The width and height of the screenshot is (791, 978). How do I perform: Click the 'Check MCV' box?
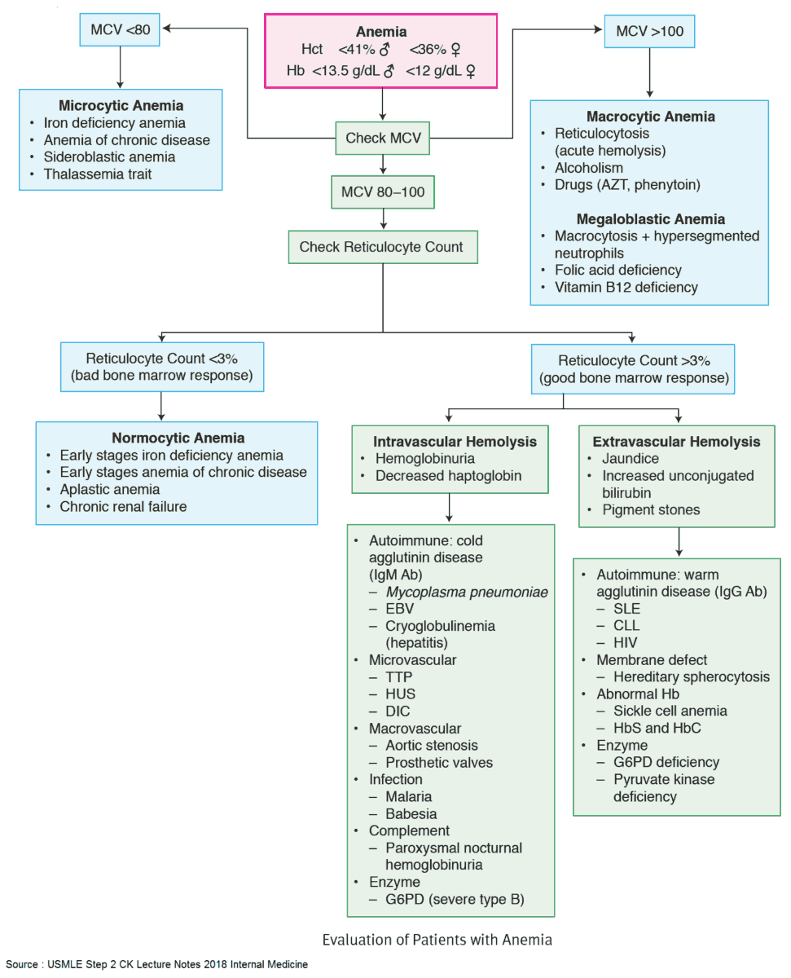click(x=383, y=138)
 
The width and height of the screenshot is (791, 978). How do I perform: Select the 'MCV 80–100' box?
click(x=383, y=193)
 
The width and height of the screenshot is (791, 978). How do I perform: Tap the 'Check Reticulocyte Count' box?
click(x=383, y=246)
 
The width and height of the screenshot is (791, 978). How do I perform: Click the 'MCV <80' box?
click(x=121, y=31)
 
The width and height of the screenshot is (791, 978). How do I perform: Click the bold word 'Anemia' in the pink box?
click(x=381, y=32)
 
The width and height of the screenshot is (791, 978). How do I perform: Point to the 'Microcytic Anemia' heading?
click(x=121, y=106)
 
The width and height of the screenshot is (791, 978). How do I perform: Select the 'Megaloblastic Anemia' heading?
click(x=650, y=218)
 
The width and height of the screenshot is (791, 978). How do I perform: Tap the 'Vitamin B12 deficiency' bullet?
click(x=626, y=287)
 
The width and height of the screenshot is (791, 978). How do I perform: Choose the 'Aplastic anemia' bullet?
click(x=109, y=489)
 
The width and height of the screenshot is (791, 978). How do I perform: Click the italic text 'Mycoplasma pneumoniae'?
click(x=467, y=592)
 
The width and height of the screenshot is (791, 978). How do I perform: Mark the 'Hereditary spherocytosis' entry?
click(x=692, y=676)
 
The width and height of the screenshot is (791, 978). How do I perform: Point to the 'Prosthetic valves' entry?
click(x=439, y=762)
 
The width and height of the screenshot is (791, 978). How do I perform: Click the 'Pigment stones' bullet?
click(x=651, y=509)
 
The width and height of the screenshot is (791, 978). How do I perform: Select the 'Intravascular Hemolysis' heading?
click(x=455, y=442)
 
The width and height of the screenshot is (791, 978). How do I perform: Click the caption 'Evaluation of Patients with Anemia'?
click(x=437, y=940)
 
